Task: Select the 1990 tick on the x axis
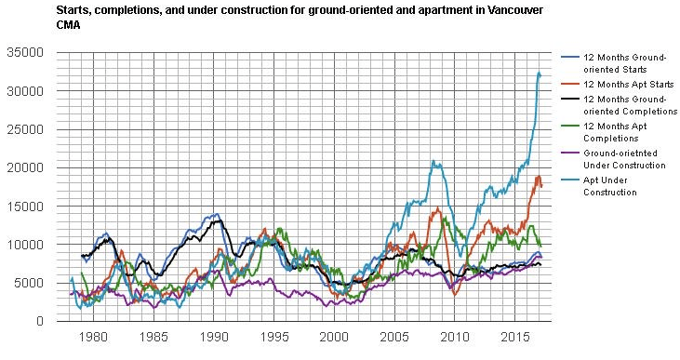(x=214, y=337)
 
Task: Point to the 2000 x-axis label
(x=334, y=337)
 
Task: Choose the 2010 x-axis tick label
(x=455, y=337)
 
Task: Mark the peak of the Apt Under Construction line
(x=540, y=73)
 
